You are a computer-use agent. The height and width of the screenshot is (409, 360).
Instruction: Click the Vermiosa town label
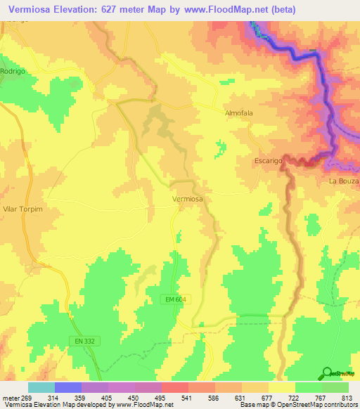(188, 200)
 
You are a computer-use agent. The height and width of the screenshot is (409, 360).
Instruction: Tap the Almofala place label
(238, 112)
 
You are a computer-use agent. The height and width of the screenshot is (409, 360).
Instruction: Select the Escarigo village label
(268, 161)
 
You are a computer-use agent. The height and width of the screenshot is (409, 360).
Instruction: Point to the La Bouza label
(344, 181)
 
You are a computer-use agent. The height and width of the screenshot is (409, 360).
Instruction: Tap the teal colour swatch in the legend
(41, 387)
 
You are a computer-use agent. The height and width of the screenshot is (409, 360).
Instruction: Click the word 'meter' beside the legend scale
(11, 398)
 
